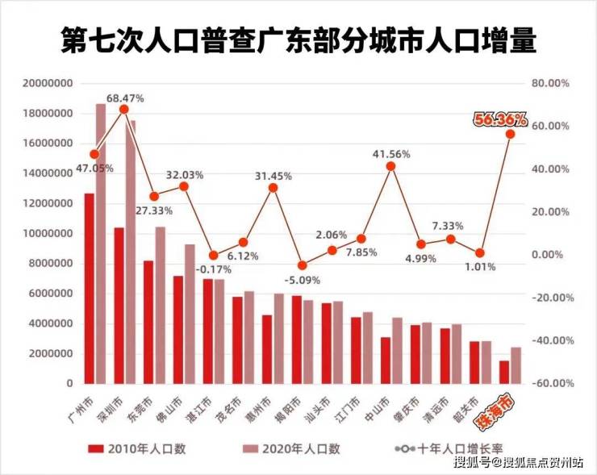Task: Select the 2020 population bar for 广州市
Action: (101, 242)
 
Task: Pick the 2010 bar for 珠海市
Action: (504, 372)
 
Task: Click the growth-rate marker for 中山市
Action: (391, 166)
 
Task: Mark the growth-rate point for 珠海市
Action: (510, 133)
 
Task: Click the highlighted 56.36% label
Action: (500, 119)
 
